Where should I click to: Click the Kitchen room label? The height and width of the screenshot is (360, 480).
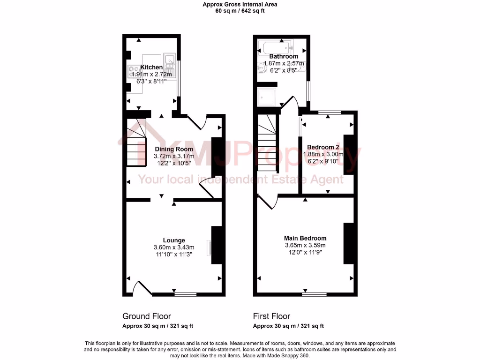(151, 67)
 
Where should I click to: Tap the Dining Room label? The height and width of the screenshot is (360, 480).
(174, 149)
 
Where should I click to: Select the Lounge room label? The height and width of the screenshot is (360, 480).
(174, 240)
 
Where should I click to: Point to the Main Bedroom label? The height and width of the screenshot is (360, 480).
(305, 238)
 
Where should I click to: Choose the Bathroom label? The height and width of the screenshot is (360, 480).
(283, 56)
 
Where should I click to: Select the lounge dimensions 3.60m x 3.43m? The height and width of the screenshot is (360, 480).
(174, 247)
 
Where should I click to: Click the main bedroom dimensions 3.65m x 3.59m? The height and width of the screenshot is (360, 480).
(305, 245)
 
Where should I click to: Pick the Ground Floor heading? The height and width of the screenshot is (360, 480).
(147, 316)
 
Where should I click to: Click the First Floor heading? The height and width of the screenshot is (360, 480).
(271, 316)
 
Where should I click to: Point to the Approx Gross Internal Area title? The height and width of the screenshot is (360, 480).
(240, 4)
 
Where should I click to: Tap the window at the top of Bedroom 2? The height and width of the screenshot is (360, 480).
(328, 112)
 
